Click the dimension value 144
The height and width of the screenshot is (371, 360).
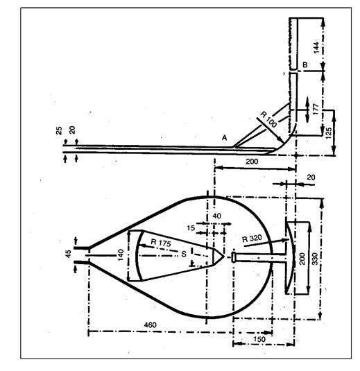pos(316,48)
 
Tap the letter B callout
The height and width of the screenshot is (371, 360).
pos(305,64)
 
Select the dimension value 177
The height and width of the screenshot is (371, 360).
pos(316,110)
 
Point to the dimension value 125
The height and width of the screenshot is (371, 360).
pos(329,133)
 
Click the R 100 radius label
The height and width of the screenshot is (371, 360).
pos(268,119)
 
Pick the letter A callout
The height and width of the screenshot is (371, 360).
pos(224,138)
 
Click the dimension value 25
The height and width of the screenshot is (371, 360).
pos(59,130)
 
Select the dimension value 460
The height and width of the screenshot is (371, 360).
pos(150,325)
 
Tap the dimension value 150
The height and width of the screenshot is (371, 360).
pos(259,339)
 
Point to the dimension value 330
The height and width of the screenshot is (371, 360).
pos(315,259)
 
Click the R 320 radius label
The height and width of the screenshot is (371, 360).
pos(252,239)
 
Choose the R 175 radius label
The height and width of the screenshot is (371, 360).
pos(161,243)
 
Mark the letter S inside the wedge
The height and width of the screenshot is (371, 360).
pos(184,254)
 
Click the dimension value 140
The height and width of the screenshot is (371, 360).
pos(121,254)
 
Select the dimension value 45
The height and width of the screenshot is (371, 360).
pos(68,254)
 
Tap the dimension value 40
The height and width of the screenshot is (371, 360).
pos(217,216)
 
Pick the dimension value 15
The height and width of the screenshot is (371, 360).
pos(191,228)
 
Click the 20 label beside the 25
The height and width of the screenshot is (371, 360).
pos(72,130)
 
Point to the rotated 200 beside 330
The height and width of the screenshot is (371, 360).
pos(302,259)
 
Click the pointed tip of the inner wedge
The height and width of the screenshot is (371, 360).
pos(224,257)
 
